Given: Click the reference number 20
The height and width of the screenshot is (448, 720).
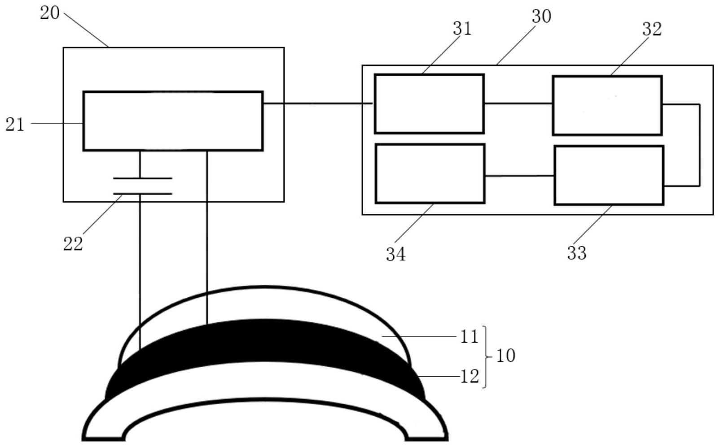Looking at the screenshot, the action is coord(50,13).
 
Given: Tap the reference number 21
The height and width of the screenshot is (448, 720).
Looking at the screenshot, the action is coord(15,125).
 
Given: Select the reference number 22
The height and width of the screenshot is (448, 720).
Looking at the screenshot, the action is coord(73,244).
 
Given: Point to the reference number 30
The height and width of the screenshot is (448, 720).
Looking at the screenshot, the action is coord(542,16).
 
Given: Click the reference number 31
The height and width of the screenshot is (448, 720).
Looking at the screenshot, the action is coord(462,29).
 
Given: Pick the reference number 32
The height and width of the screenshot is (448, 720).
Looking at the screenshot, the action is coord(652,29).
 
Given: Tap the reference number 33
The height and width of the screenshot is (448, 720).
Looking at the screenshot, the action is coord(577,253).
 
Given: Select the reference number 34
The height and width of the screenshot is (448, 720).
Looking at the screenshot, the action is coord(395,255).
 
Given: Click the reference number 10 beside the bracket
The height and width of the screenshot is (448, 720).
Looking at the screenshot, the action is coord(505,356).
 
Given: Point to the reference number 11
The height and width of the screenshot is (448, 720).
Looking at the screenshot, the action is coord(469,337).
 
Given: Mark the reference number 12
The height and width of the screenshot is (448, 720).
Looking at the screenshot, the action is coord(470,376).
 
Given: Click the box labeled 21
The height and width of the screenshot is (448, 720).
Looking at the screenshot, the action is coord(173,121).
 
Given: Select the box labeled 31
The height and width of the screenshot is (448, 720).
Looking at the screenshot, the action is coord(429,104).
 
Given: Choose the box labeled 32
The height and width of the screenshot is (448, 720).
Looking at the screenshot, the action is coord(607,106).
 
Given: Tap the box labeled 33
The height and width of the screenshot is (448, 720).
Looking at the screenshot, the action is coord(609,175).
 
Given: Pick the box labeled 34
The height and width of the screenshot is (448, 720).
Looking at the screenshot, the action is coord(430,174).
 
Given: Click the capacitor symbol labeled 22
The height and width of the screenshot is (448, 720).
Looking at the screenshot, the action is coord(143,186).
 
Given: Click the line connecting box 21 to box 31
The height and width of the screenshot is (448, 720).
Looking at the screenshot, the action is coord(318,104).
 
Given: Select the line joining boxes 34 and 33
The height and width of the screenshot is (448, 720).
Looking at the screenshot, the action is coord(519,176).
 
